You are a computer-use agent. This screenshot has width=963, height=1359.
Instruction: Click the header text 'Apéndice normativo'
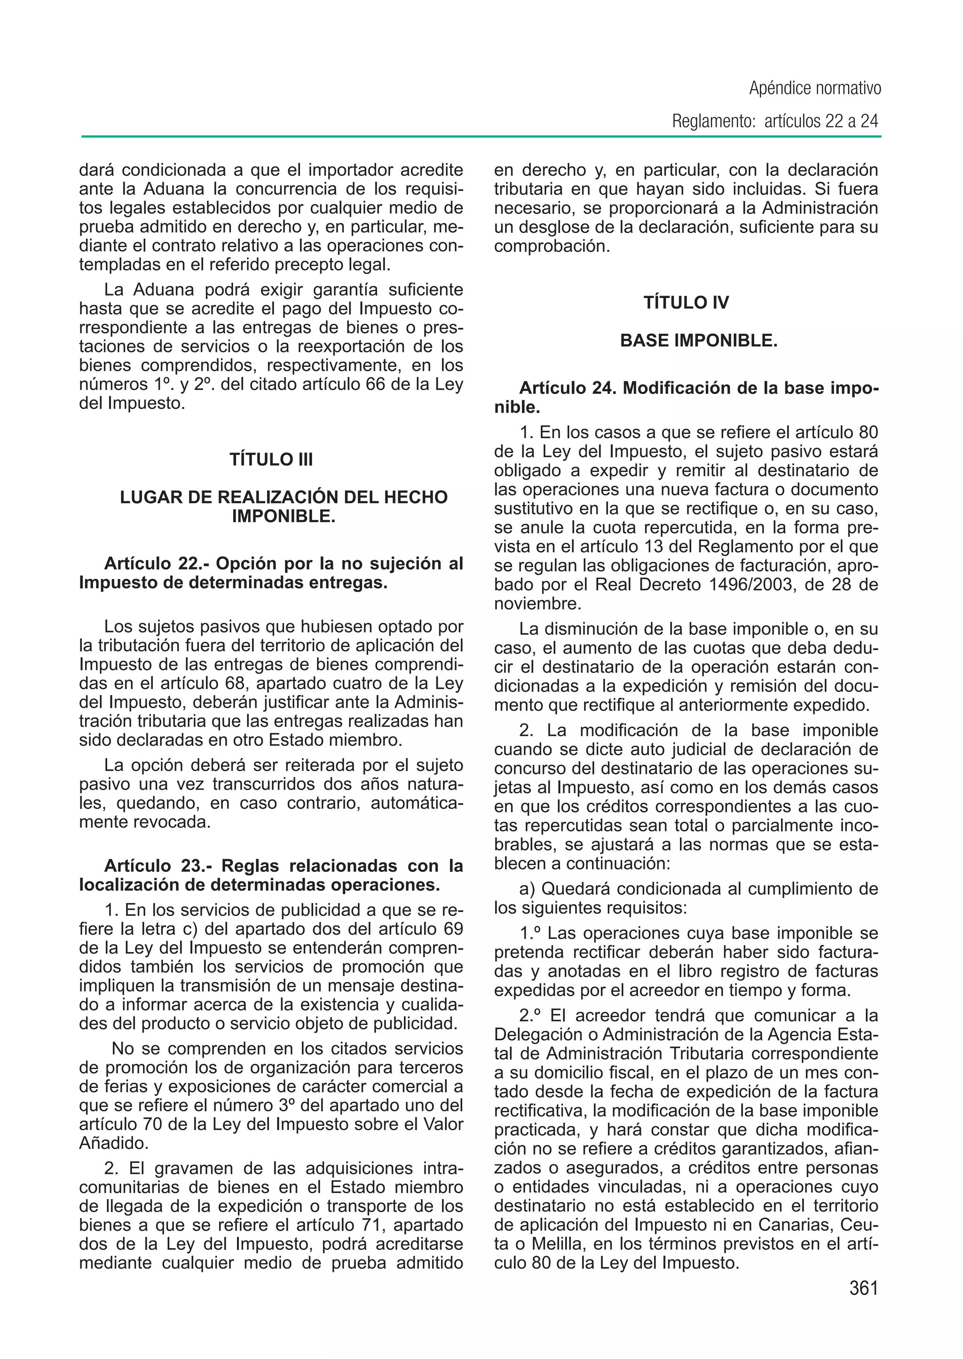(815, 89)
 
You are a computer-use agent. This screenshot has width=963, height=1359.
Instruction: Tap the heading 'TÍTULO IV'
(686, 303)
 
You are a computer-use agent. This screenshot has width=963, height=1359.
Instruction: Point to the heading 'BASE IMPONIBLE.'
(699, 341)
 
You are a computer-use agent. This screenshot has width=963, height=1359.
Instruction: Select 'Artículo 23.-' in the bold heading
(158, 866)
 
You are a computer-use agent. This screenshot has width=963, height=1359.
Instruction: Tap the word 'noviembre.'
(537, 604)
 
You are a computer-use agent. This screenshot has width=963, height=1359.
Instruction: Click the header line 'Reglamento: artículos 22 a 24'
(774, 122)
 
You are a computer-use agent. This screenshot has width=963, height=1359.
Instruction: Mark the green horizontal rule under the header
(480, 137)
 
